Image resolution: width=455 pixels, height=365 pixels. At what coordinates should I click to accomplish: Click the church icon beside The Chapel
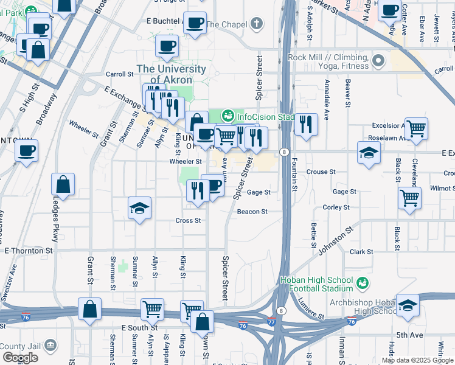pos(257,24)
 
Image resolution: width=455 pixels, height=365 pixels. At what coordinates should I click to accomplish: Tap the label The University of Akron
pos(171,74)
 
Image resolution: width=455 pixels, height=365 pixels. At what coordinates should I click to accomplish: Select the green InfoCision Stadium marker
pos(228,115)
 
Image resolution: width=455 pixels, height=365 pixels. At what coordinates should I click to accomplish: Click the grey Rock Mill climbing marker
pos(379,60)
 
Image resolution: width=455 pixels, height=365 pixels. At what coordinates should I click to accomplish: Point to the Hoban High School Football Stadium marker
pos(363,283)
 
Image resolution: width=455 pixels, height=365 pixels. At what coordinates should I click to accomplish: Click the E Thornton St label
pos(29,250)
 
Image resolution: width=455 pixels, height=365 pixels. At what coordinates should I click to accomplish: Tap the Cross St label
pos(188,220)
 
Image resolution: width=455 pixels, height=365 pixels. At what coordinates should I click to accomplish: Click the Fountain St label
pos(294,174)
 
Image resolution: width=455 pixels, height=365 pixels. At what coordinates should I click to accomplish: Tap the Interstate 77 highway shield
pos(271,321)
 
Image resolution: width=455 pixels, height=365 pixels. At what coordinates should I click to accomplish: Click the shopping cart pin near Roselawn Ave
pos(417,128)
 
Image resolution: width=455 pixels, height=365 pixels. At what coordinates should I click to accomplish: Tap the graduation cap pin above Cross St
pos(139,208)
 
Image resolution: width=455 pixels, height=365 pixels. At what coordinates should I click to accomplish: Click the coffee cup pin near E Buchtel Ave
pos(195,23)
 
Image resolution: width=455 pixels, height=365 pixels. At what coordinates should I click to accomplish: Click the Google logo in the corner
pos(20,358)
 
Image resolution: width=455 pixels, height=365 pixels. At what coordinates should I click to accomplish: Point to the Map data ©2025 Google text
pos(417,360)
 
